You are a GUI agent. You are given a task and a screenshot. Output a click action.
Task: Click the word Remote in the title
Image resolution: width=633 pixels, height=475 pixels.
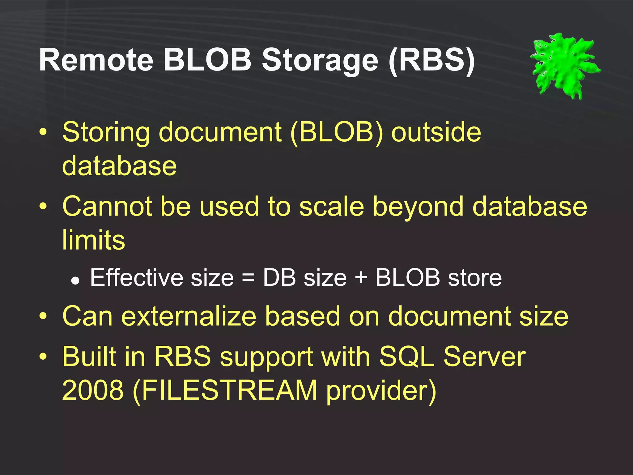pyautogui.click(x=96, y=60)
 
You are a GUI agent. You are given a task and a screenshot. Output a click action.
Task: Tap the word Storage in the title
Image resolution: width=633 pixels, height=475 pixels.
pyautogui.click(x=320, y=61)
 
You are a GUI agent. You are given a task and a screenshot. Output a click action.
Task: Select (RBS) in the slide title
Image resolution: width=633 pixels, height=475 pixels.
pyautogui.click(x=432, y=60)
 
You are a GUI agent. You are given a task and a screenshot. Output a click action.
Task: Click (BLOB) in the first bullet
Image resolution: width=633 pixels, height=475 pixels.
pyautogui.click(x=336, y=132)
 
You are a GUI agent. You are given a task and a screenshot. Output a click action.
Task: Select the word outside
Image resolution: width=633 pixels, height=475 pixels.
pyautogui.click(x=436, y=132)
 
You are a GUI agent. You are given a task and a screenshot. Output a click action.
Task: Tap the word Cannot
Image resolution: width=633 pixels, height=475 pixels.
pyautogui.click(x=107, y=207)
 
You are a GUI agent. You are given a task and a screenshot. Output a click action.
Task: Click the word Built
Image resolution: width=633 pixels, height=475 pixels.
pyautogui.click(x=89, y=356)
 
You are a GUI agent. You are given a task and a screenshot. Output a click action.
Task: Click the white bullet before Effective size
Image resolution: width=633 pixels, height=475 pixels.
pyautogui.click(x=75, y=280)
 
